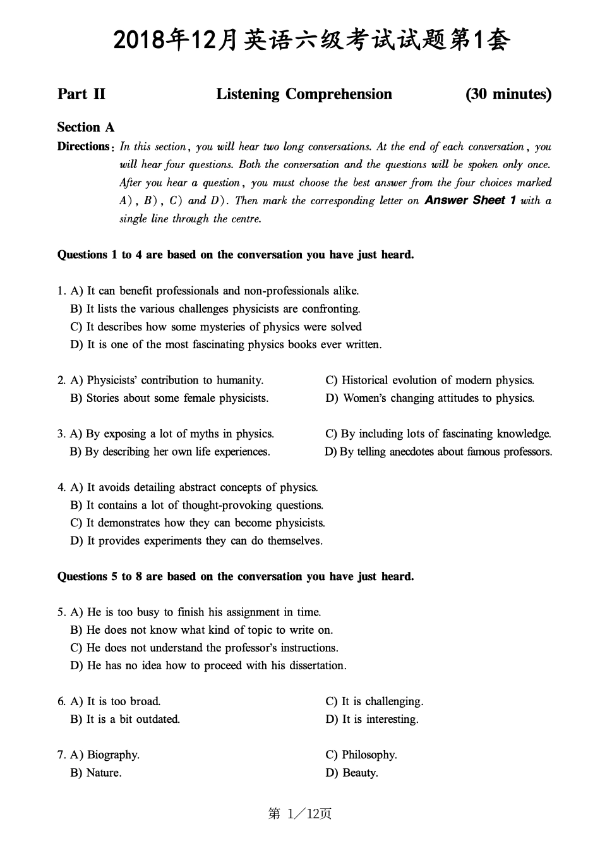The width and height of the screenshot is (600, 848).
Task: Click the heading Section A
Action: pos(86,128)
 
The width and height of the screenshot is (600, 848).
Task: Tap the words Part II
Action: pos(81,95)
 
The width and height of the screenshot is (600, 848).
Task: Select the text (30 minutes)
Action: pos(508,95)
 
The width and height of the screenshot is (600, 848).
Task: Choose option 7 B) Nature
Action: pos(95,773)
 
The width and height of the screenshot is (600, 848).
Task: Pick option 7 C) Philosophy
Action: pos(361,755)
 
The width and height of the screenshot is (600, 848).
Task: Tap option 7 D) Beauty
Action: pos(352,773)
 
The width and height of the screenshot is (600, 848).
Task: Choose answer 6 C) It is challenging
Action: pos(374,701)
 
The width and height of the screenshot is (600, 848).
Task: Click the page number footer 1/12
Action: pos(300,814)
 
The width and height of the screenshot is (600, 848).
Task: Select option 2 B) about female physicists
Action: pos(169,398)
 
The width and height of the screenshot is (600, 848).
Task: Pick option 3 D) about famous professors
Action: pos(438,452)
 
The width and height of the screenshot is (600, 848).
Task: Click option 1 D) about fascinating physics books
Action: pos(226,345)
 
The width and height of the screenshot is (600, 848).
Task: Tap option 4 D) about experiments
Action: pos(196,541)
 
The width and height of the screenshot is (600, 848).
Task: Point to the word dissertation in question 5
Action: pos(317,666)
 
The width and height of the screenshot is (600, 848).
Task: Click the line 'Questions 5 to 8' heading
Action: pos(236,577)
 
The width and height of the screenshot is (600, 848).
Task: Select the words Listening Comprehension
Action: pos(304,95)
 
